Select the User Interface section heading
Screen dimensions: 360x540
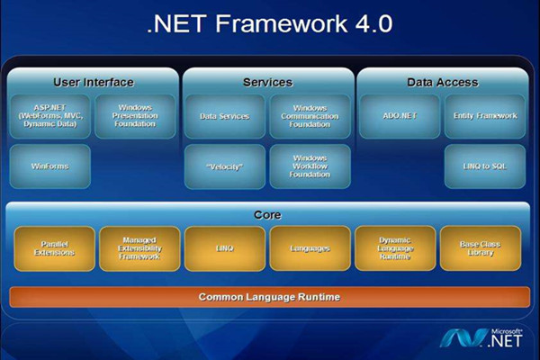[x=93, y=82]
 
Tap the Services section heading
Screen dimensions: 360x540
[x=267, y=82]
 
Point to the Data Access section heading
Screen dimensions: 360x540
[x=442, y=82]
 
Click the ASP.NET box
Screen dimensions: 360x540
[x=49, y=116]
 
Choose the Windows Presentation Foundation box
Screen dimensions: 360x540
[x=136, y=116]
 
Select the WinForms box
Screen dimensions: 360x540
[x=49, y=166]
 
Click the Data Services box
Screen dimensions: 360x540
[x=224, y=116]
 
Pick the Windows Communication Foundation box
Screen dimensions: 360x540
[x=310, y=116]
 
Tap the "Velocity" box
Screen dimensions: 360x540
[x=224, y=166]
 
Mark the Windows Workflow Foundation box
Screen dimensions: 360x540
[x=310, y=166]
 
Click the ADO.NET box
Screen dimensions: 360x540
[x=399, y=116]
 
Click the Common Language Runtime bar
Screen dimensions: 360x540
[x=269, y=297]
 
